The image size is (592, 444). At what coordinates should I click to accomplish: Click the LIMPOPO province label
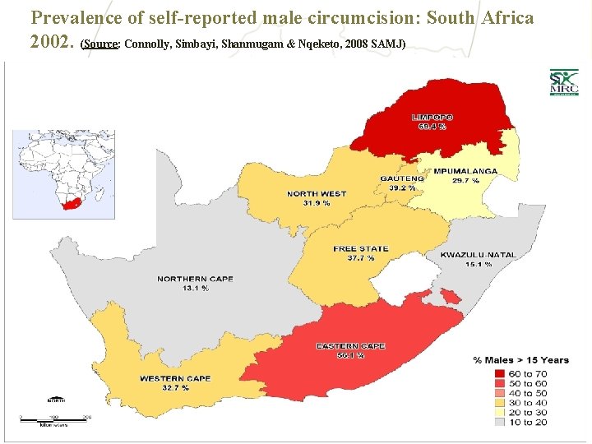(x=432, y=118)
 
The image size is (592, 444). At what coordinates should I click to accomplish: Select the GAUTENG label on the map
(x=402, y=178)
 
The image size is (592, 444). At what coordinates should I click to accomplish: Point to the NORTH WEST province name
(x=317, y=194)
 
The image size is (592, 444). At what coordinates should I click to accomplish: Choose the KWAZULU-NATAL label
(x=478, y=255)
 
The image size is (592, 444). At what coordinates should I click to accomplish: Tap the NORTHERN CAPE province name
(x=195, y=279)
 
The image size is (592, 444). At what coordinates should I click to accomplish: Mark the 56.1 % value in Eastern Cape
(x=350, y=356)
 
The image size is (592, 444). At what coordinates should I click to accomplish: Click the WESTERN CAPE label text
(x=175, y=379)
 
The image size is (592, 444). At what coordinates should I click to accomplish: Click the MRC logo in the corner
(x=564, y=82)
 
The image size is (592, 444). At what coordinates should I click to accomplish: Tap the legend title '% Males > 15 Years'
(x=520, y=360)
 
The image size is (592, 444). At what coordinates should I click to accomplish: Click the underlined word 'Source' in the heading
(x=102, y=43)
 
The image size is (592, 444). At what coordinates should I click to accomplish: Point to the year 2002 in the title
(x=52, y=41)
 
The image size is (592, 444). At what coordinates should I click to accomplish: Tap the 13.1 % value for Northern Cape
(x=195, y=289)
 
